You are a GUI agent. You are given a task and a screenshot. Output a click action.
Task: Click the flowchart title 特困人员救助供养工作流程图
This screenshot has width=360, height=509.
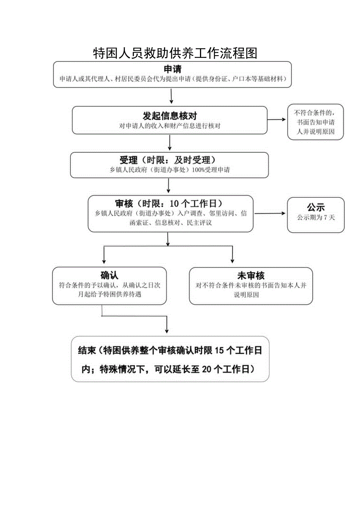[x=175, y=53]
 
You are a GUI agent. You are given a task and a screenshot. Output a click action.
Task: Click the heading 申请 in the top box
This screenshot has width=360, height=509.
[x=173, y=69]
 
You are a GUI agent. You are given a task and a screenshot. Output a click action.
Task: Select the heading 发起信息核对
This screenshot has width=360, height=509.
[x=169, y=116]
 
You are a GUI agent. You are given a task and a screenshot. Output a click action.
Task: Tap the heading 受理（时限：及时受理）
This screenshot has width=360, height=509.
[x=169, y=160]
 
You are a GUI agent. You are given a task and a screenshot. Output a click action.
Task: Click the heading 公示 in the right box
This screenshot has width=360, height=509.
[x=315, y=207]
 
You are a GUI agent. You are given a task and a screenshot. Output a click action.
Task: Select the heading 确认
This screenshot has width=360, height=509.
[x=109, y=275]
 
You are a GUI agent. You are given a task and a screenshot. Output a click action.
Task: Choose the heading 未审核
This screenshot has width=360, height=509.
[x=250, y=275]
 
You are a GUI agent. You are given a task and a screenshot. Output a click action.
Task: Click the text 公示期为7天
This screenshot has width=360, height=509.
[x=315, y=218]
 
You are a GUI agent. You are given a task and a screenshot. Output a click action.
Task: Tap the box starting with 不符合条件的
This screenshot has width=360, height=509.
[x=315, y=122]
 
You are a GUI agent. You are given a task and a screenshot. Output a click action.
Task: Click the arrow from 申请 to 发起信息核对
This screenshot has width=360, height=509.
[x=171, y=96]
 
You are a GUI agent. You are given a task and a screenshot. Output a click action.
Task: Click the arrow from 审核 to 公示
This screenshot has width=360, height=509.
[x=270, y=213]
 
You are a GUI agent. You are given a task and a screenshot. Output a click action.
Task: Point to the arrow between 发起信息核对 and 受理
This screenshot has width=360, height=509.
[x=169, y=143]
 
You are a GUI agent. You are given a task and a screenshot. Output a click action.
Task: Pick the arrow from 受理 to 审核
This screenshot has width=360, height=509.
[x=168, y=186]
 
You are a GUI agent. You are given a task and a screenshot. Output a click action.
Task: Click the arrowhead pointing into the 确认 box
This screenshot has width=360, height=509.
[x=103, y=261]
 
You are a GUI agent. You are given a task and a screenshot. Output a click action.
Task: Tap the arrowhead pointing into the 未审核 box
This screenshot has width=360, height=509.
[x=232, y=261]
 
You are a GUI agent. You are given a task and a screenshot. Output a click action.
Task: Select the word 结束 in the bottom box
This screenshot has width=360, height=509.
[x=87, y=351]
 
